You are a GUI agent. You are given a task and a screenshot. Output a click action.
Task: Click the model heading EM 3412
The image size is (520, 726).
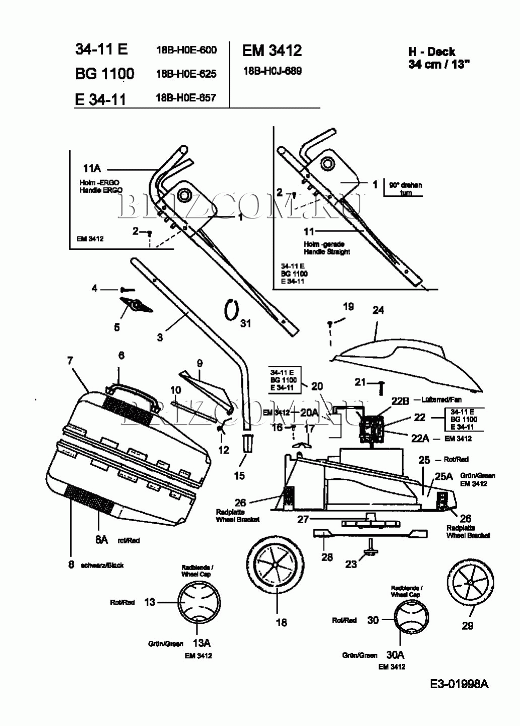272,50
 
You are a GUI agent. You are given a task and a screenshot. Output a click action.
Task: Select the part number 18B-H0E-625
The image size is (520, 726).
186,74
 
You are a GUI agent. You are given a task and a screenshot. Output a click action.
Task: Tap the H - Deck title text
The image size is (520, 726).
431,51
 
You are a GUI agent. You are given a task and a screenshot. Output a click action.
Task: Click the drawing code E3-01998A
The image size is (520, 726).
459,684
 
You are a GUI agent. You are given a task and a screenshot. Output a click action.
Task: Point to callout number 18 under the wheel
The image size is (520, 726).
281,622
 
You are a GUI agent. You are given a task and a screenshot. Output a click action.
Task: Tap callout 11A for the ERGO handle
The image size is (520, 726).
92,169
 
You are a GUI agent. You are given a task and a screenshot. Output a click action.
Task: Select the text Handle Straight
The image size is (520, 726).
327,252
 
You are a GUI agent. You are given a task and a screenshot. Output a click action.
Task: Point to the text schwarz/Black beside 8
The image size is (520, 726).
102,565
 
